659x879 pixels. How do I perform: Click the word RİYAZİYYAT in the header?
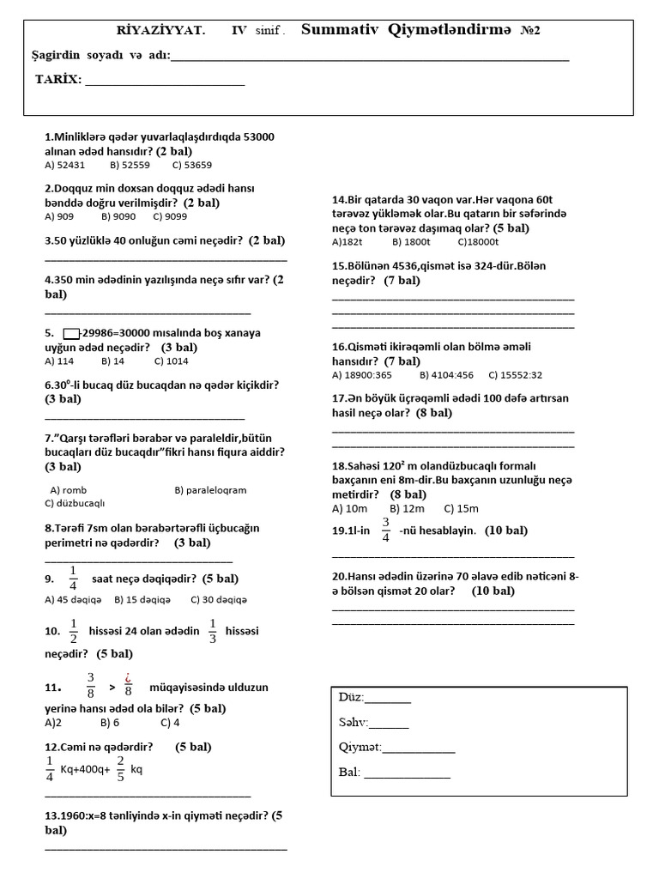point(161,30)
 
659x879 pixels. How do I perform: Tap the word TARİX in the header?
point(58,80)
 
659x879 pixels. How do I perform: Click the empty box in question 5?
point(71,333)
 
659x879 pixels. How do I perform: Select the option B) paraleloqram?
point(210,490)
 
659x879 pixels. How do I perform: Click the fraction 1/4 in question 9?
point(73,579)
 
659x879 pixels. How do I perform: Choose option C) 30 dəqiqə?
point(219,599)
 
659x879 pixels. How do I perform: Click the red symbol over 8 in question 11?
point(128,681)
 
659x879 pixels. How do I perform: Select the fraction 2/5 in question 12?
point(120,769)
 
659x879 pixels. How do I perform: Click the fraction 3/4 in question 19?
point(385,530)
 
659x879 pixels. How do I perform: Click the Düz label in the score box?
point(352,697)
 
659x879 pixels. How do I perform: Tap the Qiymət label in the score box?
point(360,747)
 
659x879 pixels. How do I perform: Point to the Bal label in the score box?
point(349,772)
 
